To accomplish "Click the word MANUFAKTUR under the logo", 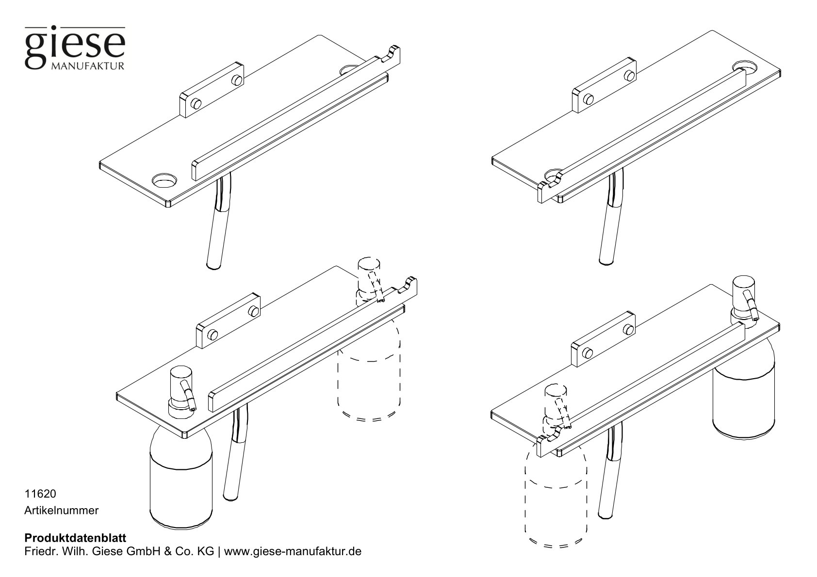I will click(87, 65).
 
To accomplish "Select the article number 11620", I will click(41, 494).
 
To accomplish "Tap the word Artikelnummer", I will click(62, 510).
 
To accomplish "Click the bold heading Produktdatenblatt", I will click(75, 538).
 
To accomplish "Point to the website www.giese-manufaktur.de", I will click(293, 552).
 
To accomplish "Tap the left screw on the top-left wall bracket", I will click(196, 103).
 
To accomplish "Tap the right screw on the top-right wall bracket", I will click(629, 75).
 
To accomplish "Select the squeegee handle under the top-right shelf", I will click(609, 228).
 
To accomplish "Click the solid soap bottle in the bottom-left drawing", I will click(180, 480).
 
